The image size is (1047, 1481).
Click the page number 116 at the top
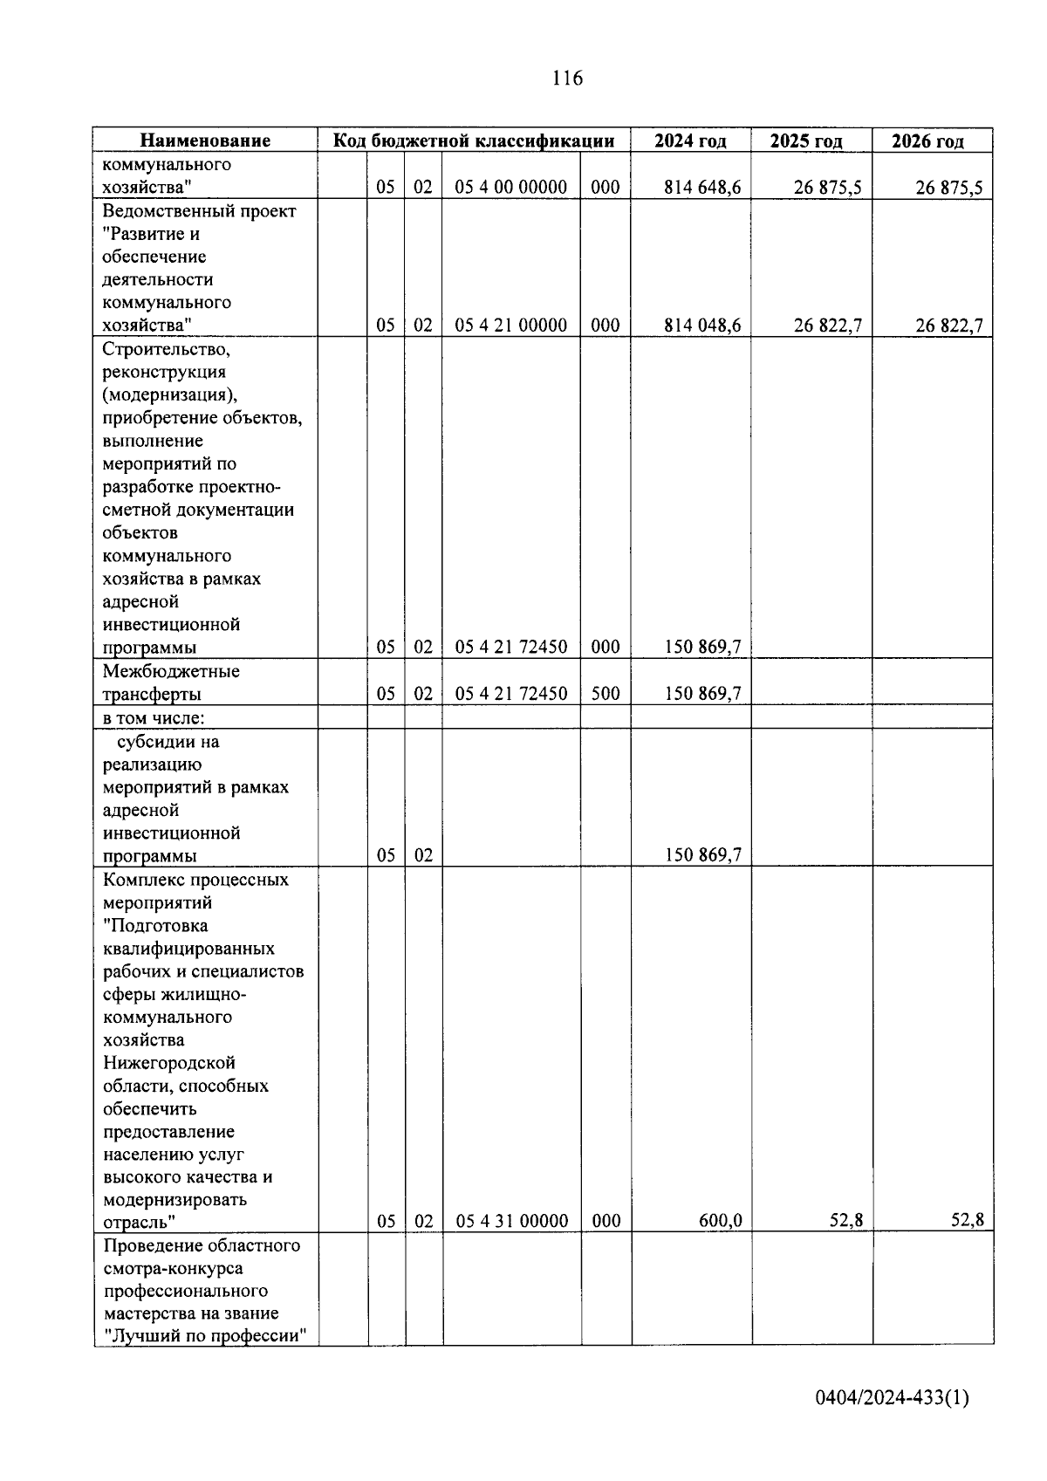point(567,79)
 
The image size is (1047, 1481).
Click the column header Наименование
point(206,141)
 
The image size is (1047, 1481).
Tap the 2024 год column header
point(690,141)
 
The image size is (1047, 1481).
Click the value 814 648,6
point(702,187)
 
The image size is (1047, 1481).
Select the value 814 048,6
point(702,326)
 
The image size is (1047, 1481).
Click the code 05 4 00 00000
point(511,187)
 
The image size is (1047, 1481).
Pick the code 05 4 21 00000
point(511,326)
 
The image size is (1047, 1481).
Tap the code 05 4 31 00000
point(512,1221)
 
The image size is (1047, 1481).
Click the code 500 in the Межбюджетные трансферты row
point(605,694)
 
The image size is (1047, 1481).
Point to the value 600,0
point(720,1221)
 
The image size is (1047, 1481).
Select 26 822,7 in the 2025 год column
point(828,326)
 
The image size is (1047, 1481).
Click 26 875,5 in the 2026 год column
point(949,187)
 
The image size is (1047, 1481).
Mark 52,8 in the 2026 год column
point(968,1221)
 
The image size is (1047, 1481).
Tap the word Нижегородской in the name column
point(169,1063)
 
